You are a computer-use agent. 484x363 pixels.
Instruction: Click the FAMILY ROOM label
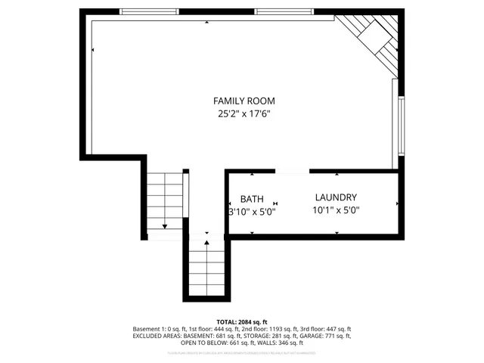(x=244, y=101)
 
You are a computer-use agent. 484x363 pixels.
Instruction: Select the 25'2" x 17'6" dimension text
(x=244, y=114)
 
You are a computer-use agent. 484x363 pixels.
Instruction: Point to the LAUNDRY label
(x=336, y=197)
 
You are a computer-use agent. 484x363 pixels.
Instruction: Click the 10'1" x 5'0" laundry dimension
(x=336, y=211)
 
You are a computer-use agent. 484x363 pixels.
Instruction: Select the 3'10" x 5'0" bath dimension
(x=253, y=212)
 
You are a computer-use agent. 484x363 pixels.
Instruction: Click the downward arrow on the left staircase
(x=165, y=225)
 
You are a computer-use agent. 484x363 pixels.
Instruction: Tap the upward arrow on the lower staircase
(x=206, y=243)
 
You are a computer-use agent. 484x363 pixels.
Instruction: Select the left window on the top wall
(x=149, y=12)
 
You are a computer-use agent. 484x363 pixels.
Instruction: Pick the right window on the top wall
(x=283, y=12)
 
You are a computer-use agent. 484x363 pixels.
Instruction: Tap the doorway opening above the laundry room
(x=291, y=172)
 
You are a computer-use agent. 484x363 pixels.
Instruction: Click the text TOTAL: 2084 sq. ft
(x=242, y=322)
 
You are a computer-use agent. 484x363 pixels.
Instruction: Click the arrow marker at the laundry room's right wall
(x=398, y=204)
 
